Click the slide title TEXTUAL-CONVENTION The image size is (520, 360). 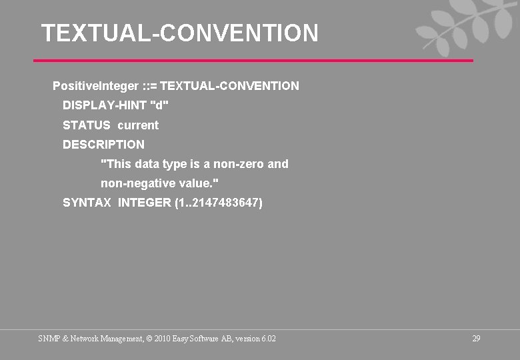click(x=180, y=33)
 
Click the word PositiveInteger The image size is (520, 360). click(x=95, y=86)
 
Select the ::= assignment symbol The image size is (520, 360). click(x=150, y=86)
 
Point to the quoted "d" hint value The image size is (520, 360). click(x=160, y=105)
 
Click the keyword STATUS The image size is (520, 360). click(x=87, y=125)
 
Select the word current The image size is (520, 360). click(x=138, y=125)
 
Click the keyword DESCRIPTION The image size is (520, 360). click(x=103, y=144)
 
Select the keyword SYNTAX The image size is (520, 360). click(x=87, y=202)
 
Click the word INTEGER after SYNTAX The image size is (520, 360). click(x=144, y=202)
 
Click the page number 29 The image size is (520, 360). click(x=476, y=339)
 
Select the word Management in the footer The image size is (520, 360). click(x=120, y=339)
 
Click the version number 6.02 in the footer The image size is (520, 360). click(x=268, y=339)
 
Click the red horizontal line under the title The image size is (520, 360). click(x=253, y=61)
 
